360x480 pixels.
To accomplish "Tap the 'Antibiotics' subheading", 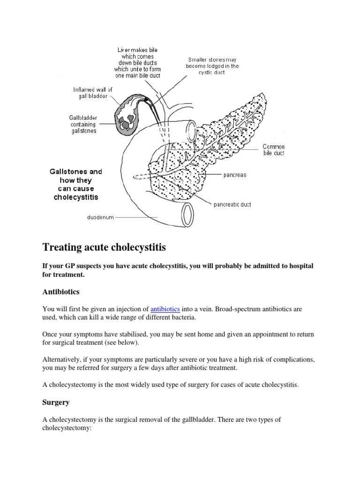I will point(61,292).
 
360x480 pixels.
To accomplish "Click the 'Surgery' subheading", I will point(56,402).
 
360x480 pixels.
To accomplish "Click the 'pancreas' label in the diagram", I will point(234,175).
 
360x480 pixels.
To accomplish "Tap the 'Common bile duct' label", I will point(273,150).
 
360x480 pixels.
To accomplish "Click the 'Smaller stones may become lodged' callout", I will point(213,66).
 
